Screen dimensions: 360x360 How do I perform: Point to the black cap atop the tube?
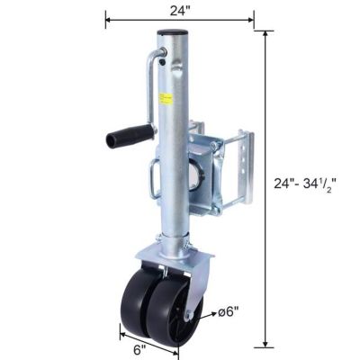(x=169, y=34)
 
